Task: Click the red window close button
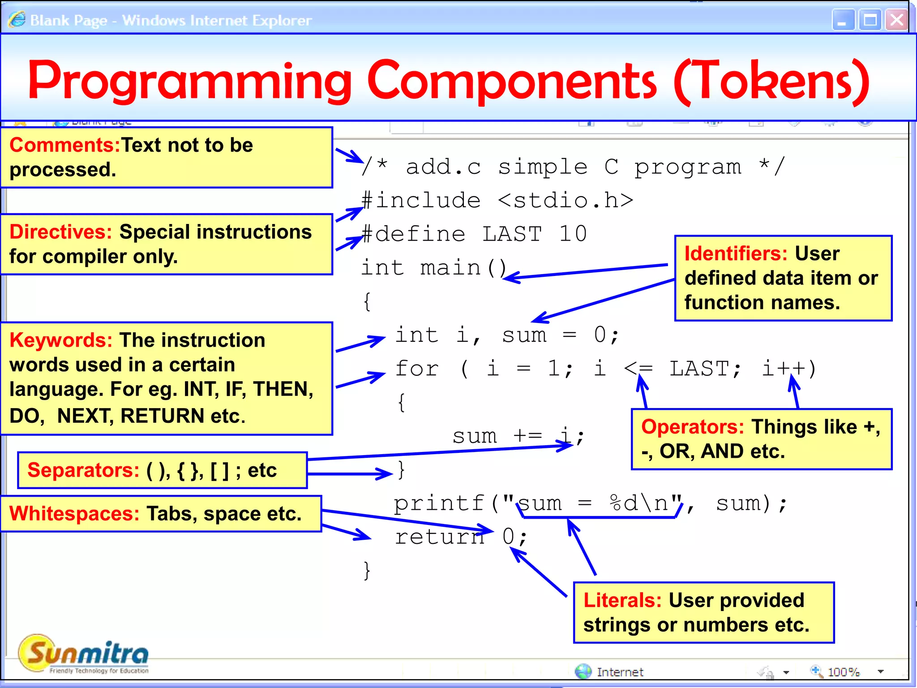pos(896,20)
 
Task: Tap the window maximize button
pos(870,20)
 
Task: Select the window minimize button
pos(843,20)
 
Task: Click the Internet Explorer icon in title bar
pos(17,20)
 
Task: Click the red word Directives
pos(60,232)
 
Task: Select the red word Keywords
pos(60,340)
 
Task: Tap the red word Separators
pos(83,470)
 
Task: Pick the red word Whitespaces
pos(74,514)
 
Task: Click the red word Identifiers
pos(736,254)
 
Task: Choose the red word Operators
pos(692,427)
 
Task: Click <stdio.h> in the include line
pos(565,200)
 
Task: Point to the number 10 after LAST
pos(573,234)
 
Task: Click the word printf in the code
pos(439,503)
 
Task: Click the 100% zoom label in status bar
pos(844,672)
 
